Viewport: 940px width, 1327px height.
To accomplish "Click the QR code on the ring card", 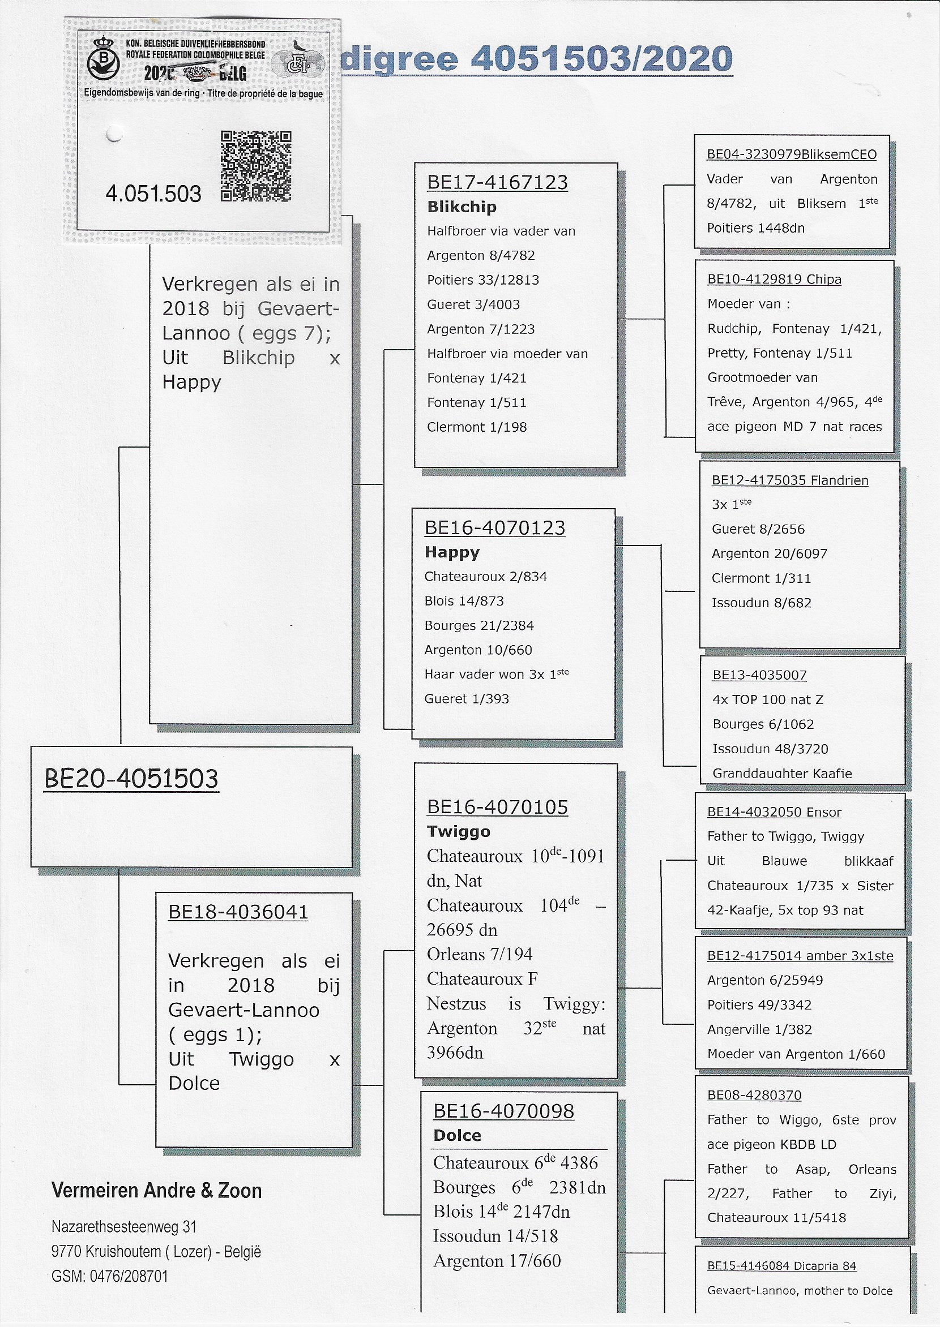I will pyautogui.click(x=256, y=166).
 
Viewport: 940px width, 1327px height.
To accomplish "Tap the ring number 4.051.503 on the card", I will pyautogui.click(x=153, y=194).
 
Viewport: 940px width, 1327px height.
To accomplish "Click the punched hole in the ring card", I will pyautogui.click(x=114, y=134).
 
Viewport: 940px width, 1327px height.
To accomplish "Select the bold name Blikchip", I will pyautogui.click(x=462, y=207).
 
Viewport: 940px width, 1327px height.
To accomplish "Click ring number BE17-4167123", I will pyautogui.click(x=497, y=182).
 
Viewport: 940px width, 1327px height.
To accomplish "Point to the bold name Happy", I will pyautogui.click(x=451, y=552).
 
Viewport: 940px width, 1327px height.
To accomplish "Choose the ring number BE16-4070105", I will pyautogui.click(x=497, y=807).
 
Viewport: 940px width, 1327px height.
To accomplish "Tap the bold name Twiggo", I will pyautogui.click(x=458, y=831).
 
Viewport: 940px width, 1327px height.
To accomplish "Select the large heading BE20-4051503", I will pyautogui.click(x=131, y=779).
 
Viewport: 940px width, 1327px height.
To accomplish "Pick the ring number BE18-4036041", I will pyautogui.click(x=238, y=912).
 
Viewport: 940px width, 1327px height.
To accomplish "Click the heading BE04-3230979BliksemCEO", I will pyautogui.click(x=791, y=154).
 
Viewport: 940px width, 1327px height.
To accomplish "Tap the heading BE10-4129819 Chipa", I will pyautogui.click(x=774, y=280).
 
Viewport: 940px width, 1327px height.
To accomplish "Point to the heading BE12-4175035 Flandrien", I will pyautogui.click(x=789, y=480).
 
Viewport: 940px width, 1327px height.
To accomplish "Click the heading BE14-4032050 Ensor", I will pyautogui.click(x=774, y=811).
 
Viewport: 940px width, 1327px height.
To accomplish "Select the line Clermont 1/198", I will pyautogui.click(x=476, y=427).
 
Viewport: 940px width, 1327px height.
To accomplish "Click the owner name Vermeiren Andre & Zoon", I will pyautogui.click(x=156, y=1191).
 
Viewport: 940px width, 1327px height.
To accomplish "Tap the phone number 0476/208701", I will pyautogui.click(x=129, y=1276).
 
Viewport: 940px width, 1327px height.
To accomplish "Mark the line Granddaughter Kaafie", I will pyautogui.click(x=782, y=774).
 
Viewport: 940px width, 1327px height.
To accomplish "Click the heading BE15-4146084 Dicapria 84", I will pyautogui.click(x=781, y=1266).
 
